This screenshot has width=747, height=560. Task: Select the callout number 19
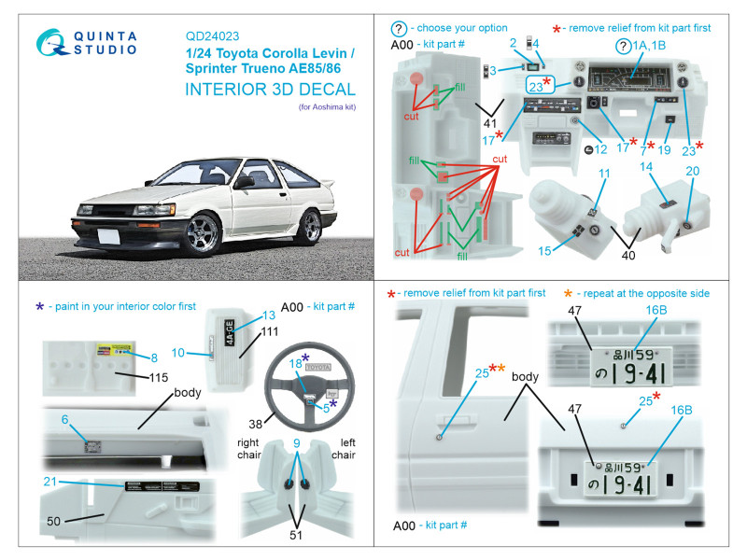pos(664,149)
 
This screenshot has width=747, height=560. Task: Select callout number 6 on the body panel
pos(65,419)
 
